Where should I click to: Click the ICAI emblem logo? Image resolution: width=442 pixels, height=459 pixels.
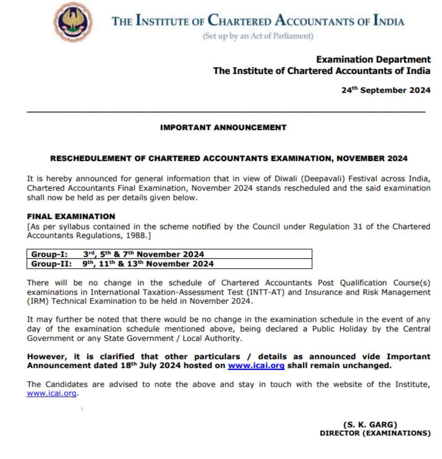73,22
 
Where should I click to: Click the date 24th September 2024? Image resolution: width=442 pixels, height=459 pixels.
386,90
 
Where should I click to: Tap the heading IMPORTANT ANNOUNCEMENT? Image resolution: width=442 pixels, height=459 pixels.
223,127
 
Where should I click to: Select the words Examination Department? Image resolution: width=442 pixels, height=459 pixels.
373,60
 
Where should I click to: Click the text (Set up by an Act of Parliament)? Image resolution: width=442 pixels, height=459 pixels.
258,36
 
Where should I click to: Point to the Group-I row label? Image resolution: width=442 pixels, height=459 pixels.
49,254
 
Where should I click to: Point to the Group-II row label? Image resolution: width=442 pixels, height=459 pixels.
51,264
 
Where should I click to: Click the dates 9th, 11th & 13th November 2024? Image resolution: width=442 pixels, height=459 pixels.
148,264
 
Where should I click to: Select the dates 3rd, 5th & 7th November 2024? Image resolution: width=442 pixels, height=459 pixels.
143,254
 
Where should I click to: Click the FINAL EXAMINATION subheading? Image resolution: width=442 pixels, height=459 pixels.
71,216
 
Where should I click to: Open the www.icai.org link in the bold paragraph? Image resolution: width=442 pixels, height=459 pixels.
256,366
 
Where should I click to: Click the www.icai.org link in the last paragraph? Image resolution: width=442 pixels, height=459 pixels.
51,393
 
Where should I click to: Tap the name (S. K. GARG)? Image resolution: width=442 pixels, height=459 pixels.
370,424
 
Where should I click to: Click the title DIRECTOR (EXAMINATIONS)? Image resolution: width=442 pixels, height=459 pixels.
375,433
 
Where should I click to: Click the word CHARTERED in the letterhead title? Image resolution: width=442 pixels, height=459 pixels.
239,20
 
